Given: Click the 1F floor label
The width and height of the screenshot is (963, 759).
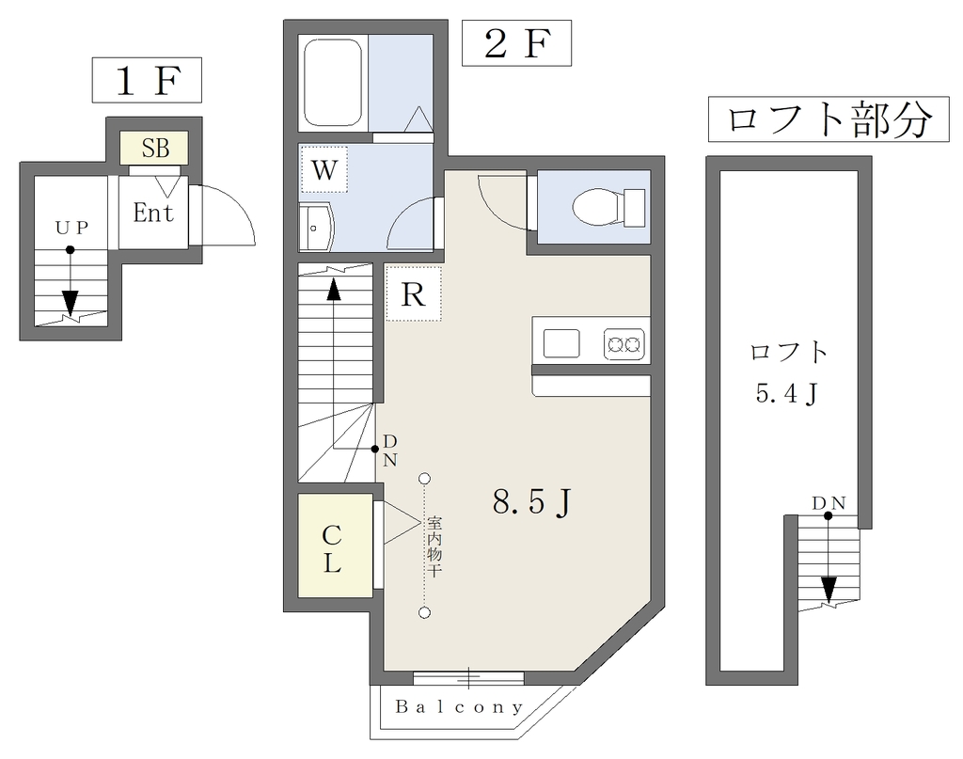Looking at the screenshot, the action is click(148, 80).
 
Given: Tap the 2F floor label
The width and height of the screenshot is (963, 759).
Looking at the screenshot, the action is click(516, 43).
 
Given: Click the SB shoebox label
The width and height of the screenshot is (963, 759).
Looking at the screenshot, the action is click(155, 148).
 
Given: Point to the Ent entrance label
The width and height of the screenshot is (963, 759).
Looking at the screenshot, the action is click(153, 213).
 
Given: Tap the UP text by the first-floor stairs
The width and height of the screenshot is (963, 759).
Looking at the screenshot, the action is click(72, 228).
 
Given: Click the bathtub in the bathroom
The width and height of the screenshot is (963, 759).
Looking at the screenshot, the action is click(333, 83).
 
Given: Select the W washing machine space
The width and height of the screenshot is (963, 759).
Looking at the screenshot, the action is click(324, 169).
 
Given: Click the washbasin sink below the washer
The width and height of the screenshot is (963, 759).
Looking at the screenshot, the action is click(315, 228).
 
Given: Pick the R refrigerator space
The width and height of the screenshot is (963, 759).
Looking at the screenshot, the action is click(414, 293).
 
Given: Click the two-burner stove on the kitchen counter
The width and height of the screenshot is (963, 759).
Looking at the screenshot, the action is click(624, 344).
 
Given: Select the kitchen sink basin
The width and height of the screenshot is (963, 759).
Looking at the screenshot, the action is click(561, 343).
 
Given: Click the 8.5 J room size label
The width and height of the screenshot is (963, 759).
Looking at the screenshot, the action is click(532, 502).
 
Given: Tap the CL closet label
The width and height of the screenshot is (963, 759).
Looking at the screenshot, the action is click(332, 549).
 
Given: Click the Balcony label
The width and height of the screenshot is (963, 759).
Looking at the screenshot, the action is click(459, 707).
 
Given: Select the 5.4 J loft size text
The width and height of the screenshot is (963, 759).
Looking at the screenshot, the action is click(787, 394).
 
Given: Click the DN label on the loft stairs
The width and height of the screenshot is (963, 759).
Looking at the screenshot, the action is click(829, 503).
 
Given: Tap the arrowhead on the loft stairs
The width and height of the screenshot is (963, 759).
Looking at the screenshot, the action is click(829, 590).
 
